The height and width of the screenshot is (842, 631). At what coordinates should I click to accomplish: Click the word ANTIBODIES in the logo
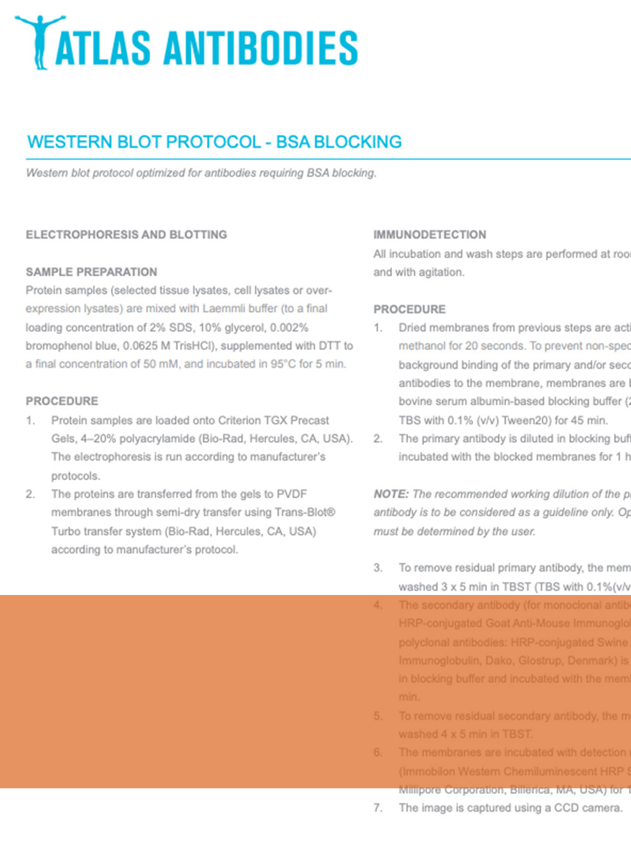click(x=261, y=49)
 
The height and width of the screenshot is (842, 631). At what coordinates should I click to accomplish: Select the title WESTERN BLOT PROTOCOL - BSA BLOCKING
click(x=215, y=141)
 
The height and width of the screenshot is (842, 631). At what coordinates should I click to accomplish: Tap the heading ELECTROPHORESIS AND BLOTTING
click(x=126, y=234)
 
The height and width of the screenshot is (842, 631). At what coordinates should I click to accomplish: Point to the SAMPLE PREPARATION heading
click(x=91, y=272)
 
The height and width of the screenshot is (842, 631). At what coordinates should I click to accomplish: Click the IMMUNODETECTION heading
click(x=430, y=234)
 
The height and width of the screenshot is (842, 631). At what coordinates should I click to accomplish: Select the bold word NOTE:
click(x=391, y=494)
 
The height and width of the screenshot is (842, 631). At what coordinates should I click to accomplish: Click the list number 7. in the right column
click(x=378, y=807)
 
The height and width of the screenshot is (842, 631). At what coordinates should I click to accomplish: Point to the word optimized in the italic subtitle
click(x=158, y=172)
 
